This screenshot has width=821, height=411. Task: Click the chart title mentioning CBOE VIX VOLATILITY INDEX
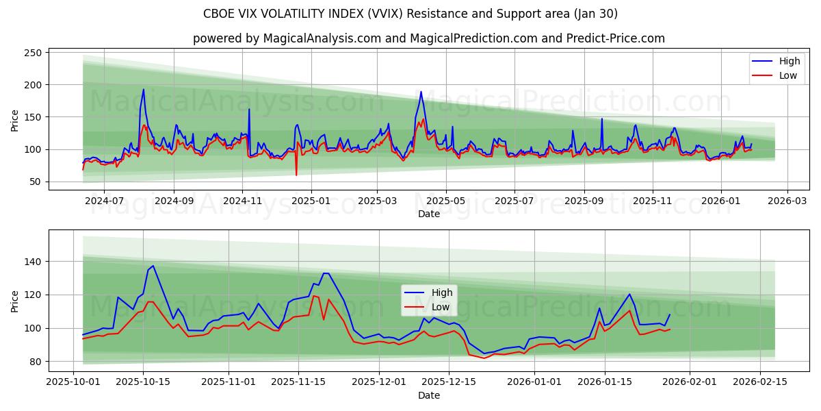coord(410,14)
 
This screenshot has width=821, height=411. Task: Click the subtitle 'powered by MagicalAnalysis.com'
coord(428,38)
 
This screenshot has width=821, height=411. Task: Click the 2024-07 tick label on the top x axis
coord(104,200)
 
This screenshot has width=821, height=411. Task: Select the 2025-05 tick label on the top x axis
coord(446,200)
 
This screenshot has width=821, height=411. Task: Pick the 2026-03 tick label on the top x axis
coord(787,200)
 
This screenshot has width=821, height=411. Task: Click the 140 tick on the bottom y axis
coord(33,262)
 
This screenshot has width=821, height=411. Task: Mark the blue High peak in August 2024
coord(143,90)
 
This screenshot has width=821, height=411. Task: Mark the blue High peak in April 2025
coord(421,92)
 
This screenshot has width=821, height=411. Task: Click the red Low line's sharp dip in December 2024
coord(296,175)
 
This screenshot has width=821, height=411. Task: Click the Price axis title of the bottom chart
coord(15,301)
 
